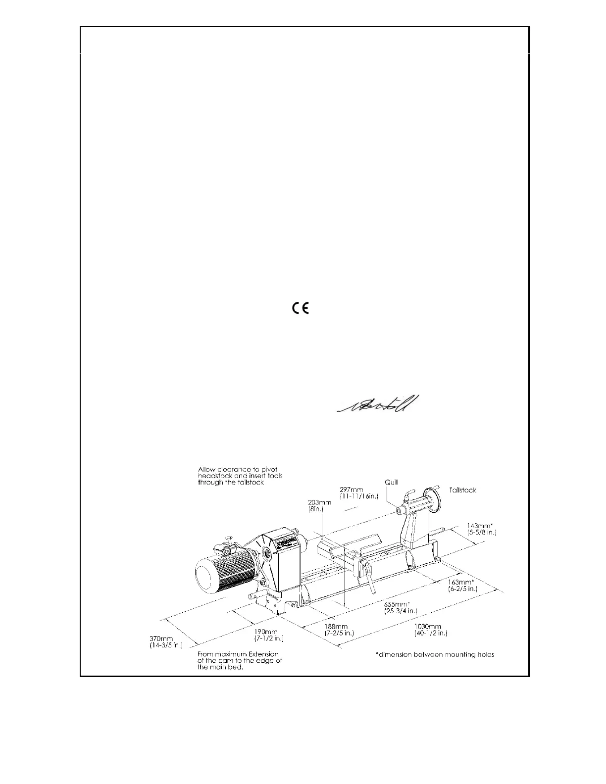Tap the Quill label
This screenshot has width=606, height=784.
pos(391,482)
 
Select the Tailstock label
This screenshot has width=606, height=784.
pos(462,490)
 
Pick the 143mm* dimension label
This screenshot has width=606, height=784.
pos(481,529)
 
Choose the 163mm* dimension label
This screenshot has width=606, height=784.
pos(462,585)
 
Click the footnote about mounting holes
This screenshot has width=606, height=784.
pos(435,655)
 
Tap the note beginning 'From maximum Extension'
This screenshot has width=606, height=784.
pos(240,661)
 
